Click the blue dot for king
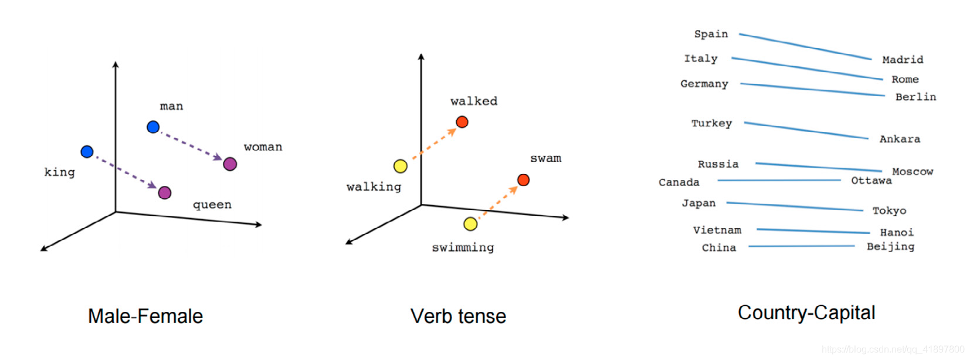87,152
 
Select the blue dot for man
153,127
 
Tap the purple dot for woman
230,164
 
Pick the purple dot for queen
165,192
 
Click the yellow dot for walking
401,167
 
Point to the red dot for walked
462,122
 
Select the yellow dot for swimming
470,224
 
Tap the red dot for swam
523,180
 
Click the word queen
212,205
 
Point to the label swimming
463,247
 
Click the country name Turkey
711,123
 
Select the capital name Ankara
900,139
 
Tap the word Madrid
903,60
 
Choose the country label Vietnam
717,230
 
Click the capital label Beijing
890,246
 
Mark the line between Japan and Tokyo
795,206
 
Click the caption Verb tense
458,316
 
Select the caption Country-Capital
806,313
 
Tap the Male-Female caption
145,316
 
